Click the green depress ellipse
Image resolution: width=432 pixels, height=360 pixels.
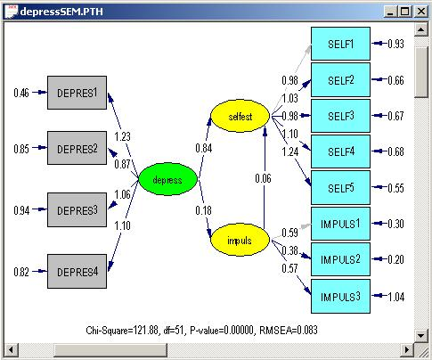point(168,179)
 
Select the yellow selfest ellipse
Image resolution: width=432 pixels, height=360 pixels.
point(240,116)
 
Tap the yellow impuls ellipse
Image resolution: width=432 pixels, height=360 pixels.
point(240,240)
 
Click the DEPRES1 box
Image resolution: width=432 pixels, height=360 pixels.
point(77,93)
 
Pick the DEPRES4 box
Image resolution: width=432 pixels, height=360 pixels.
point(77,271)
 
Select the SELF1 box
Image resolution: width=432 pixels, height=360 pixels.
point(340,44)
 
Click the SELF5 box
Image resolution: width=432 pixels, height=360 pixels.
point(340,187)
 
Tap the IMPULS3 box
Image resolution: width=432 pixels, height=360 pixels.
point(340,296)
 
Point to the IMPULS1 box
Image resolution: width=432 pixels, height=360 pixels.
point(340,224)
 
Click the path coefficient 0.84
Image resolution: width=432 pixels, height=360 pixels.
point(204,148)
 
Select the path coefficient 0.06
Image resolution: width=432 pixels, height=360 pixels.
point(263,178)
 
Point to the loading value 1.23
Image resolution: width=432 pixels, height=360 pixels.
point(122,136)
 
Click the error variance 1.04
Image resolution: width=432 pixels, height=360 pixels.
point(396,297)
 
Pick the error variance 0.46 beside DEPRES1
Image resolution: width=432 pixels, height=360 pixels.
point(21,93)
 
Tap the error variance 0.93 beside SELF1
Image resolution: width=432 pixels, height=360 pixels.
point(395,44)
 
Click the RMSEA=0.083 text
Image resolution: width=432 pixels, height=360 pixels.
point(289,330)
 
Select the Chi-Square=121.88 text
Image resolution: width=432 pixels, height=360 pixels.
point(122,330)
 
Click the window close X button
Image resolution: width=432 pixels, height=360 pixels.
point(421,12)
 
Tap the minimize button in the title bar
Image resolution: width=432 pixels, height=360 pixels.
point(391,12)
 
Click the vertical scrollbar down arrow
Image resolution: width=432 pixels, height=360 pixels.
point(421,336)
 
